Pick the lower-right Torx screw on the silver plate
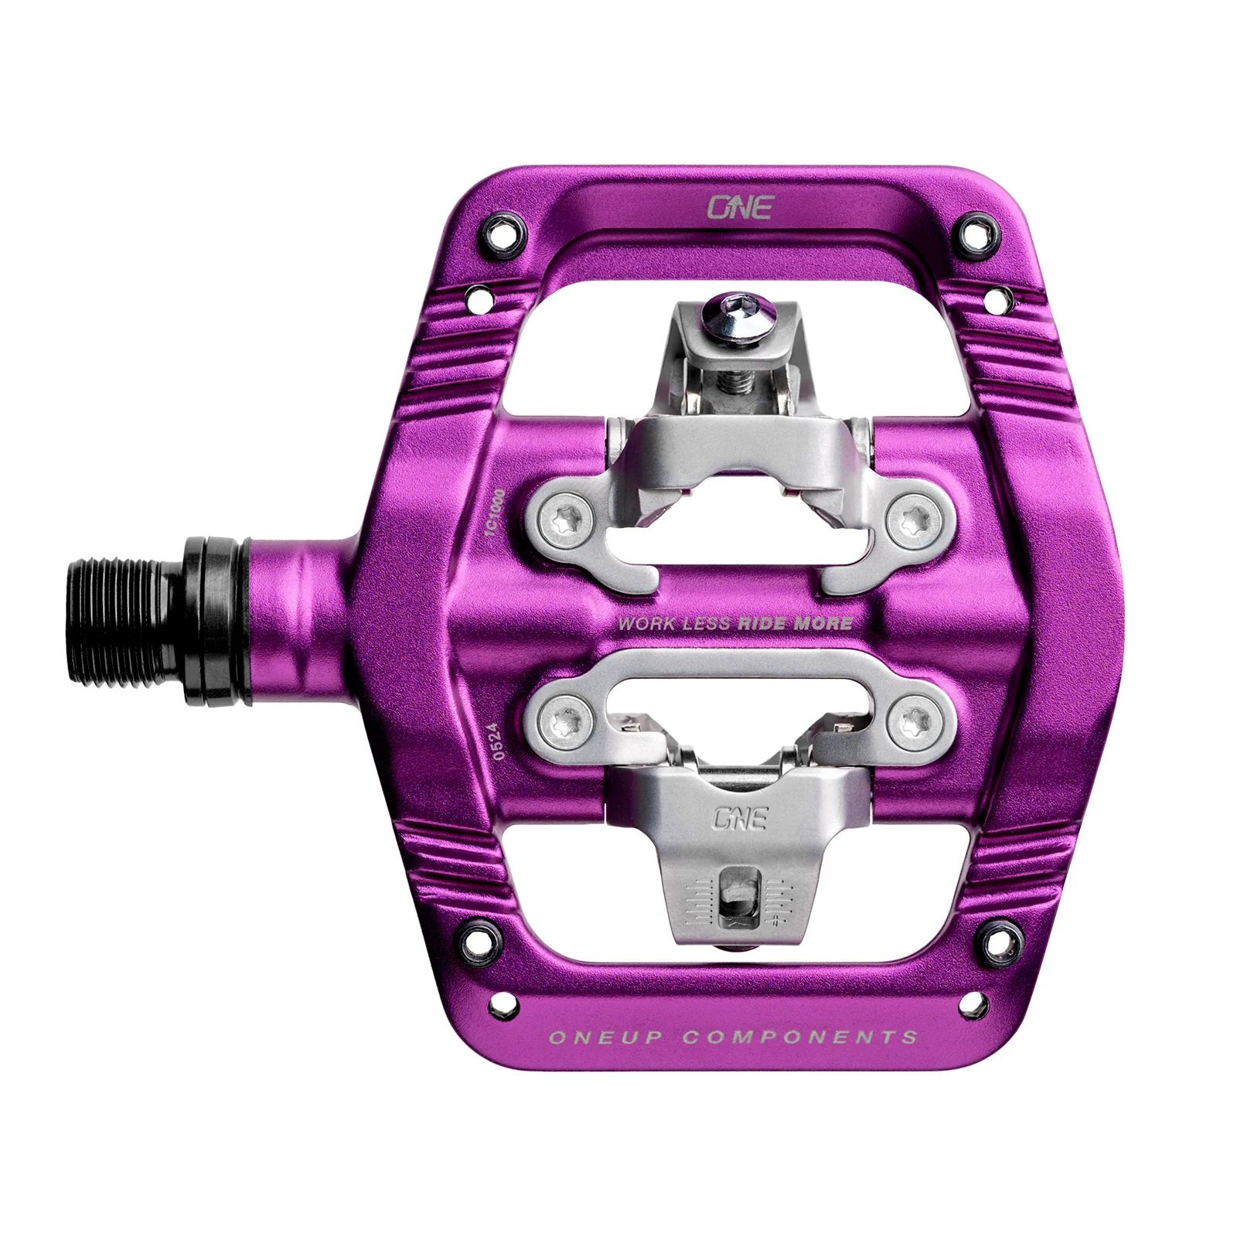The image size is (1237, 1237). coord(907,718)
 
